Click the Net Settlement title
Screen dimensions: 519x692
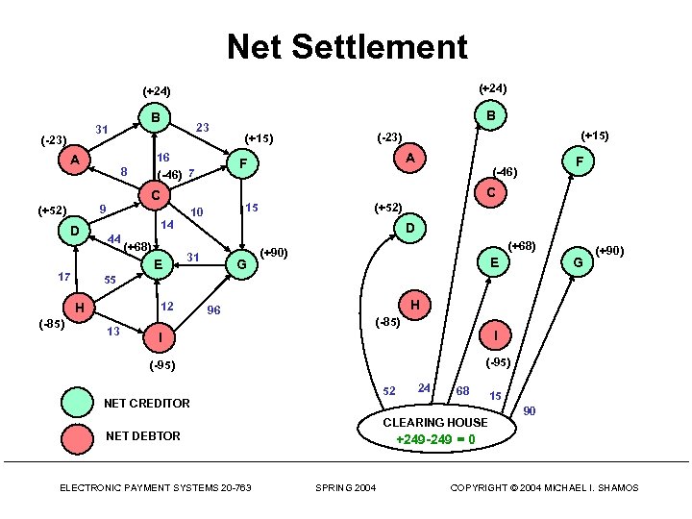click(x=346, y=46)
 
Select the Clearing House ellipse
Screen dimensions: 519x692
click(x=435, y=430)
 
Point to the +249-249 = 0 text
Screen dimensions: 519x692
click(x=435, y=439)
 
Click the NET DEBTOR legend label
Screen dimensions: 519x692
click(x=142, y=436)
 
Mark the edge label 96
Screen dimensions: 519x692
click(x=213, y=310)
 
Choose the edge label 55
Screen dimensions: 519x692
click(x=111, y=280)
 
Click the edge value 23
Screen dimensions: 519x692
click(x=202, y=127)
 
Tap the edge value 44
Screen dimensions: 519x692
click(x=114, y=238)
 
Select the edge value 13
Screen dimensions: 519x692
click(x=112, y=332)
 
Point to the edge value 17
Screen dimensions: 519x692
click(x=65, y=277)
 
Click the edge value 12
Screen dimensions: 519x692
click(x=166, y=307)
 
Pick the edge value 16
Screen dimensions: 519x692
click(x=163, y=157)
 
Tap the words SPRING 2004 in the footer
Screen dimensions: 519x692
click(x=346, y=488)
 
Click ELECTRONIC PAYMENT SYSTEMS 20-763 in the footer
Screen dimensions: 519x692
click(x=156, y=488)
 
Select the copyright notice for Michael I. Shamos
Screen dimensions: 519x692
click(x=544, y=488)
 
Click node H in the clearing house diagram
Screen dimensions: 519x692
click(x=415, y=305)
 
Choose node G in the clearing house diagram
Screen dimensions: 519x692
click(x=578, y=261)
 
